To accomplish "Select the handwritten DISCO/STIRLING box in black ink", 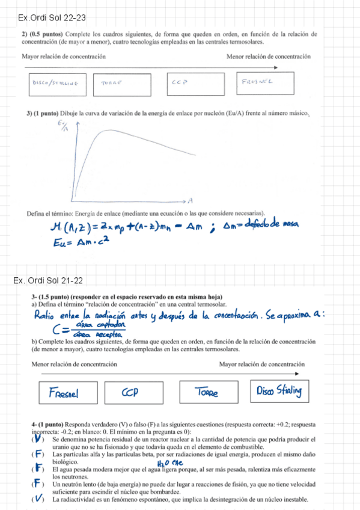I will [58, 84].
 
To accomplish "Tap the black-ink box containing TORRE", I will [122, 84].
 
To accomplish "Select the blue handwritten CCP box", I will [138, 393].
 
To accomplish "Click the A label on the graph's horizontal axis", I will [189, 200].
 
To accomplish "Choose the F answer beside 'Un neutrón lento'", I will [38, 483].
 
